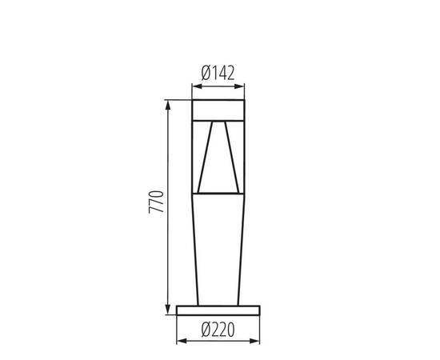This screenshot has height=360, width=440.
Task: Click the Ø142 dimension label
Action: (x=218, y=72)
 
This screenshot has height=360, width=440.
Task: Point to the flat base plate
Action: (x=218, y=310)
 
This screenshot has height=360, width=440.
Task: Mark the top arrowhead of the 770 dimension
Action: (x=167, y=104)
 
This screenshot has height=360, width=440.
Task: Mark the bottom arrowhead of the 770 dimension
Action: (x=167, y=308)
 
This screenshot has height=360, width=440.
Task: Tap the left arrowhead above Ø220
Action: (x=179, y=341)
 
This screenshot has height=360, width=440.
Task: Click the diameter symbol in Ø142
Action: (x=206, y=72)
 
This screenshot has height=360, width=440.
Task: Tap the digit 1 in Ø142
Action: (x=214, y=72)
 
